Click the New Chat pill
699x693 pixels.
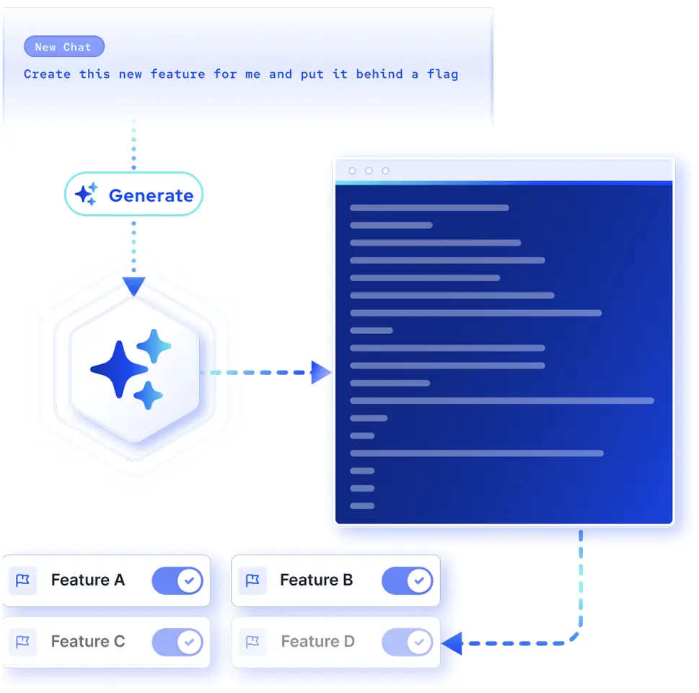64,46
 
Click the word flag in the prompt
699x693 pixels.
442,74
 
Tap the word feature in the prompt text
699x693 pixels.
178,74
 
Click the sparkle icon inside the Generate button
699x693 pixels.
86,194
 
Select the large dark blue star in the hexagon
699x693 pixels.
119,369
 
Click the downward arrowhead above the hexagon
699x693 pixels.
133,286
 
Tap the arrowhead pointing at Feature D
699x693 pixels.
452,643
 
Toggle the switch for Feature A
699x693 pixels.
177,581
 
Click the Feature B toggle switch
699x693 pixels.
408,581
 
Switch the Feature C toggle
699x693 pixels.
177,643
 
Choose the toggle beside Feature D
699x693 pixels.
408,643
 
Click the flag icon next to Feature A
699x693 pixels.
23,581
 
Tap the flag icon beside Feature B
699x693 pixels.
252,581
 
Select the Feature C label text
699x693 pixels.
88,641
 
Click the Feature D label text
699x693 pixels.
318,641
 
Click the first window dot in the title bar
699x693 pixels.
352,171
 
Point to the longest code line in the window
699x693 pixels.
502,401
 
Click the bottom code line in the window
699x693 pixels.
362,506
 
